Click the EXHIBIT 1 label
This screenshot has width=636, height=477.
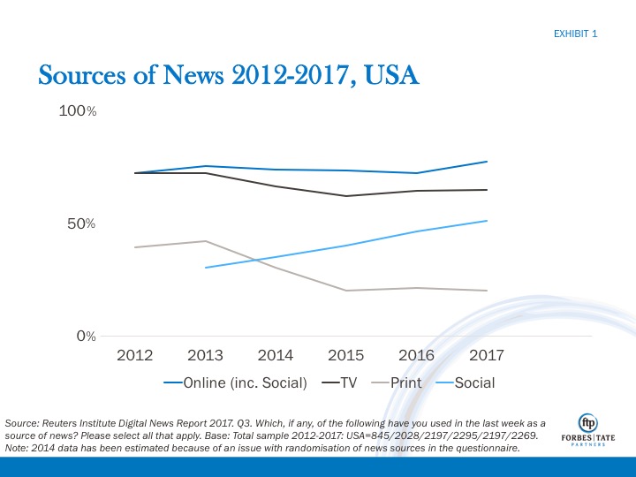pos(575,34)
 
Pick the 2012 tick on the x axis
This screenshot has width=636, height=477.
pos(134,355)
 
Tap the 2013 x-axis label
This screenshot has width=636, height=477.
pos(205,355)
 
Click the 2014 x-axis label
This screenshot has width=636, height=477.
pos(276,355)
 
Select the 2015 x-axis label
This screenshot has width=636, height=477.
pos(346,355)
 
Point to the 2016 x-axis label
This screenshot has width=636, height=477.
pos(416,355)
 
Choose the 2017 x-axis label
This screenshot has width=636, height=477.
pos(487,355)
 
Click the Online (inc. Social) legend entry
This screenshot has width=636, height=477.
pos(236,383)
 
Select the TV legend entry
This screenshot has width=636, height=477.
pos(342,383)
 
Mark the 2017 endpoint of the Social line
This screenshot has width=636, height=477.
pos(487,221)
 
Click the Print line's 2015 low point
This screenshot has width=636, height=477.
pos(346,291)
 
